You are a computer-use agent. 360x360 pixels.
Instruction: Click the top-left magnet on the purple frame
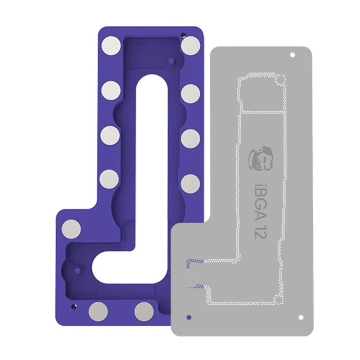111,46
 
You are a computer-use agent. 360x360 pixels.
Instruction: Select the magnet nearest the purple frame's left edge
72,229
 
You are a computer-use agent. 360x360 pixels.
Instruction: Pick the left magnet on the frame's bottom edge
99,311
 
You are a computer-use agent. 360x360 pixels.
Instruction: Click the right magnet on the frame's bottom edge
144,311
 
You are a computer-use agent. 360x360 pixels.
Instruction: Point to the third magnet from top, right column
190,139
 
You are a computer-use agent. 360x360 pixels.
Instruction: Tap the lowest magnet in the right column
190,184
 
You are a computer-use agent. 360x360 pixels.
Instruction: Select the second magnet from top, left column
111,91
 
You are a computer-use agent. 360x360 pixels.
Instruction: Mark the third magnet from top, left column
110,136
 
